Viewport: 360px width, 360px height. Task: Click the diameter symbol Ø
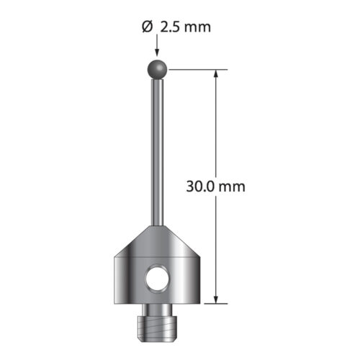tap(147, 27)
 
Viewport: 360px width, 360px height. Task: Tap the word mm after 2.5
tap(198, 28)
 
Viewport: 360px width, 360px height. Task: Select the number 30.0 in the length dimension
tap(200, 186)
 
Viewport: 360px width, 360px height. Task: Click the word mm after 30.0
tap(232, 187)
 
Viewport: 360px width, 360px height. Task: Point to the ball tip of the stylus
tap(157, 70)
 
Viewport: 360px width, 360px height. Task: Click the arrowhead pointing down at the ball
tap(157, 53)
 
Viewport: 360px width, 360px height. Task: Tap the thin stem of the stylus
tap(158, 153)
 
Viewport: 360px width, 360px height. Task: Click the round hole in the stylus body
tap(157, 278)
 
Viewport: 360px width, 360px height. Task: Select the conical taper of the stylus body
tap(157, 241)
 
